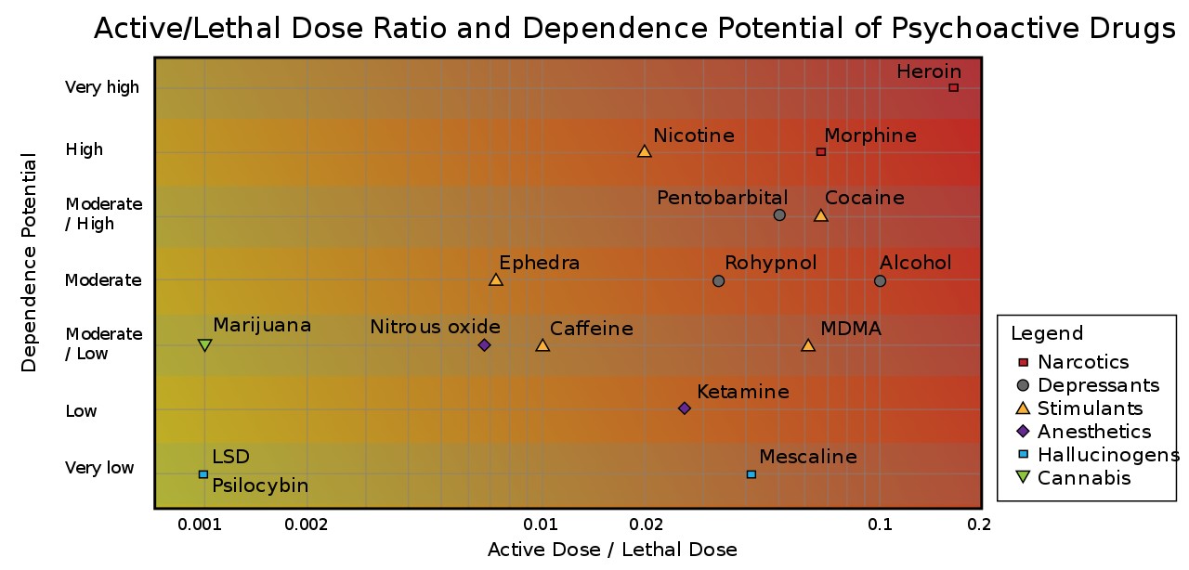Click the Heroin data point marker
click(x=954, y=87)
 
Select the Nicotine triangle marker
click(x=645, y=151)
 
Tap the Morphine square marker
click(x=821, y=152)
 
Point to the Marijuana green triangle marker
click(x=205, y=345)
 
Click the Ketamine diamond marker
click(x=685, y=408)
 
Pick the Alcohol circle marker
click(x=880, y=280)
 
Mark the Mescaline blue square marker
click(x=751, y=474)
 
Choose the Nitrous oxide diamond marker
click(x=484, y=345)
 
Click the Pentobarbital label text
click(x=723, y=198)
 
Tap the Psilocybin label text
click(x=260, y=486)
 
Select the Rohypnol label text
click(x=771, y=264)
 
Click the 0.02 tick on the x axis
click(x=646, y=525)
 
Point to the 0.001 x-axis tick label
click(x=200, y=525)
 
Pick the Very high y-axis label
click(x=102, y=87)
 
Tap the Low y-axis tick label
click(x=81, y=410)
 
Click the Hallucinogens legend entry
click(x=1098, y=455)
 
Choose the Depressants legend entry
click(x=1087, y=385)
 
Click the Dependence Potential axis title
click(x=29, y=262)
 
